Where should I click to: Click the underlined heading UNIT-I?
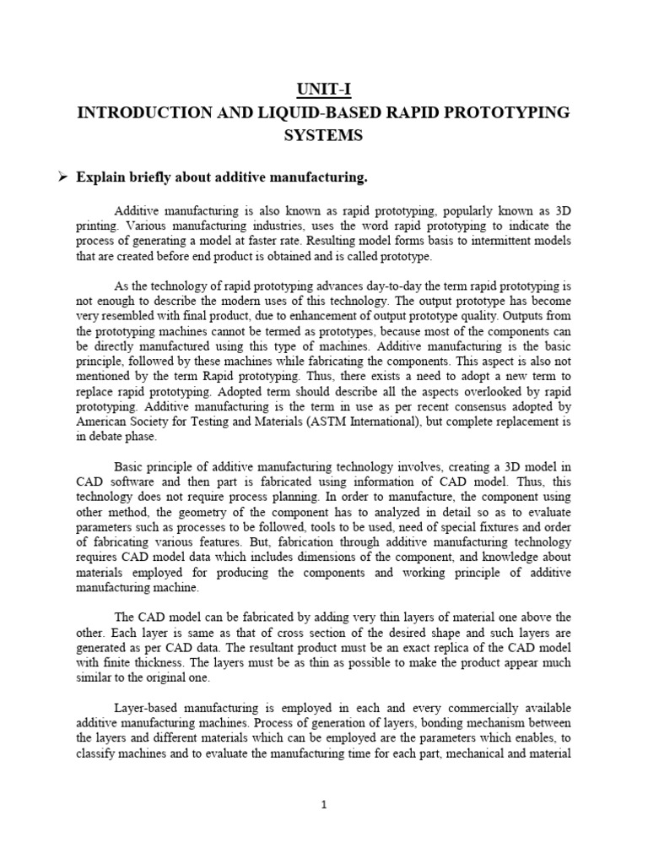click(323, 89)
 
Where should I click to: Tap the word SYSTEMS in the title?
click(323, 135)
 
